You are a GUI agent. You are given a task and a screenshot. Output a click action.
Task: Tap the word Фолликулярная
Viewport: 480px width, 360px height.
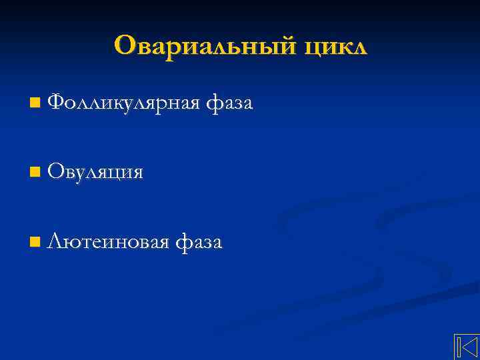click(x=124, y=103)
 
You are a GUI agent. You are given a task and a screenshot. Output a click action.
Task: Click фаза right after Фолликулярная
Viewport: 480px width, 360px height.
click(x=229, y=103)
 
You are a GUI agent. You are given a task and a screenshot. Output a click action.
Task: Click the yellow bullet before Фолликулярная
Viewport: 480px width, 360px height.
click(x=35, y=103)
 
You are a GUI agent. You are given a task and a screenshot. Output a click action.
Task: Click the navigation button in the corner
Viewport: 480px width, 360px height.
click(x=467, y=347)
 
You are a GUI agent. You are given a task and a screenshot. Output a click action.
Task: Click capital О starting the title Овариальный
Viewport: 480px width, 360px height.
click(x=125, y=45)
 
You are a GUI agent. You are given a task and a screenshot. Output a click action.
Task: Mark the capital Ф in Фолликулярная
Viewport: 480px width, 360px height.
click(x=57, y=103)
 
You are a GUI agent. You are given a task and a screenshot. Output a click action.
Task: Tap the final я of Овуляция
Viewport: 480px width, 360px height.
click(x=138, y=174)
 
